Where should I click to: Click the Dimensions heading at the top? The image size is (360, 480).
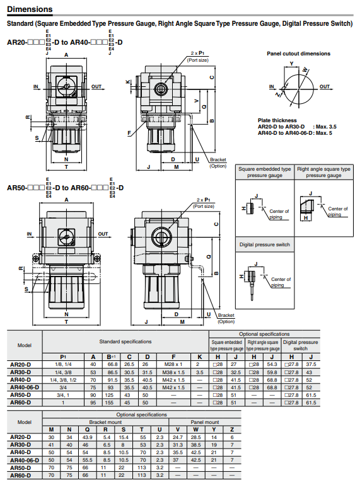point(30,9)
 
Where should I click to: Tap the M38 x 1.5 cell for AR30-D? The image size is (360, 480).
point(173,372)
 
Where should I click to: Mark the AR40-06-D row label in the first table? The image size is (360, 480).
point(25,387)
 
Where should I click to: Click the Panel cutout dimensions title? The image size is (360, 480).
point(298,54)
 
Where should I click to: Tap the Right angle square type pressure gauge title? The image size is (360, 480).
point(323,172)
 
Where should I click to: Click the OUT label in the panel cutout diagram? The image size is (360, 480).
point(325,87)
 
